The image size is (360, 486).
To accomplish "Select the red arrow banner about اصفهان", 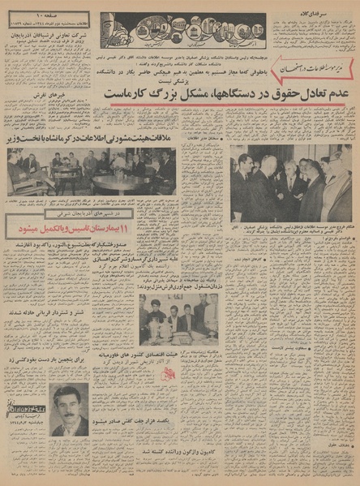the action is click(311, 74).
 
